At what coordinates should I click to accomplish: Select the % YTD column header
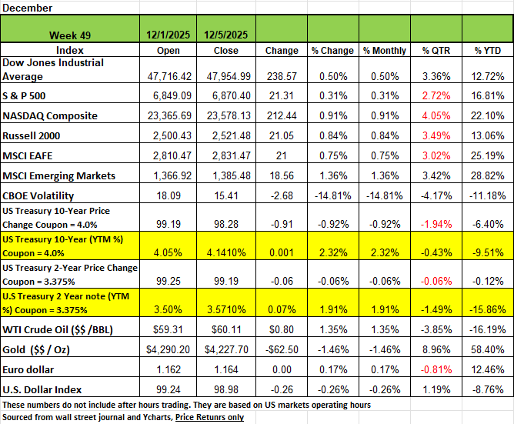[x=488, y=51]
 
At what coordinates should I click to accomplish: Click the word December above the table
[x=27, y=8]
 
